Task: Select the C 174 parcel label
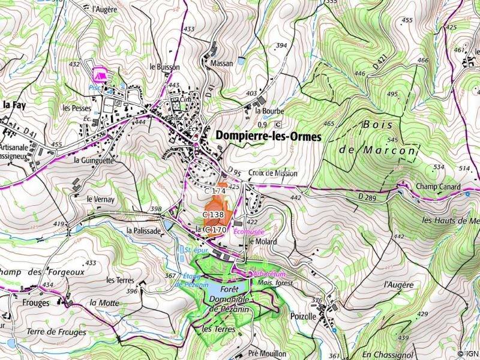pos(214,191)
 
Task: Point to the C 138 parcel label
pos(213,214)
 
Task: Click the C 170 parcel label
pos(215,229)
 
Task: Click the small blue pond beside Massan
pos(241,61)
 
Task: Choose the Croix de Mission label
pos(271,173)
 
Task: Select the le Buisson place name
pos(164,67)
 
